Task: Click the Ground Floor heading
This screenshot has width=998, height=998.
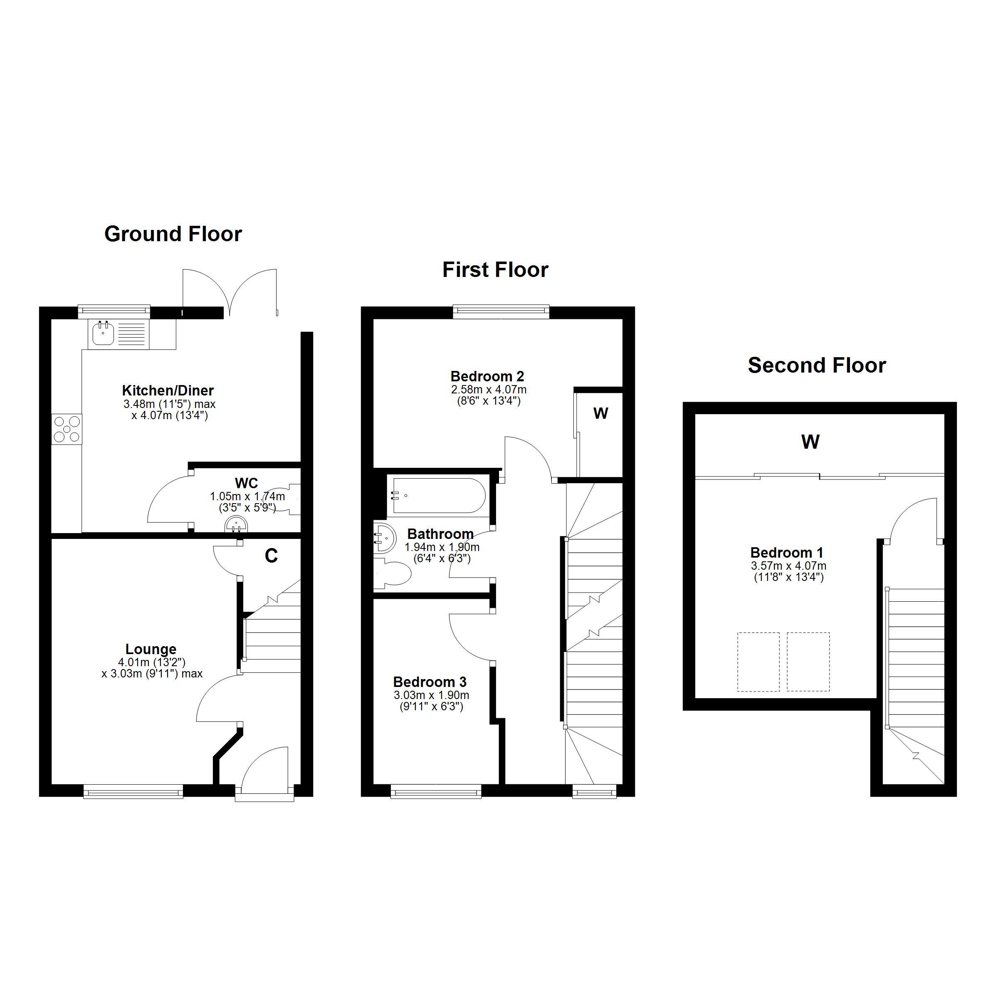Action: click(173, 234)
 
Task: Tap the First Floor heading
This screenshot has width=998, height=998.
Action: click(495, 269)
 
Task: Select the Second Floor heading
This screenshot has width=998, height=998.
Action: click(817, 365)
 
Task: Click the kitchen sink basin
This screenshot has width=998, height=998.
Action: click(103, 333)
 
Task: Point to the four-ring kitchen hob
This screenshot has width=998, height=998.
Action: click(67, 429)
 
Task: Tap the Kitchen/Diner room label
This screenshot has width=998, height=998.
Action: click(168, 390)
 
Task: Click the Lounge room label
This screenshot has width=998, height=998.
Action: click(151, 649)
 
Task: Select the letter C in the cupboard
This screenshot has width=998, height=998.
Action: click(271, 556)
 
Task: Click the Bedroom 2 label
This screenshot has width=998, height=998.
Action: click(487, 376)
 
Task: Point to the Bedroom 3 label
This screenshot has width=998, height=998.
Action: click(430, 682)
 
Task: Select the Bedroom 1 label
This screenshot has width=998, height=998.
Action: click(787, 553)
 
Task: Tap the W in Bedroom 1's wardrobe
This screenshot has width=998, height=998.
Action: click(810, 442)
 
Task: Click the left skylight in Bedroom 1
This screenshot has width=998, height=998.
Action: click(758, 662)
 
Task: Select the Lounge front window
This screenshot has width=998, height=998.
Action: click(133, 791)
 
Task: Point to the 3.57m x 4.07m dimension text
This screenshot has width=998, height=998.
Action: click(788, 566)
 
